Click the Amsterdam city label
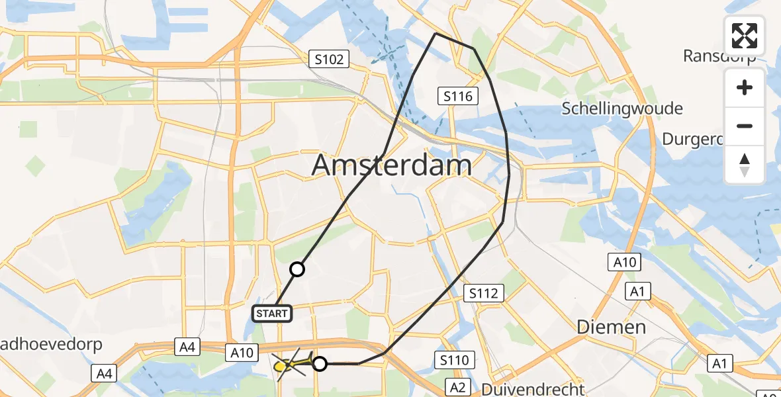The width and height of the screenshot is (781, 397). [391, 165]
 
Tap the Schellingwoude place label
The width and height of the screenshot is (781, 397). [622, 109]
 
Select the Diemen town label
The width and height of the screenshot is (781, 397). [610, 326]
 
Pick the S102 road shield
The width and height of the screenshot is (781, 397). [329, 60]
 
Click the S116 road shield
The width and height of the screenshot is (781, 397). [458, 97]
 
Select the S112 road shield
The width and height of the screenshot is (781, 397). [484, 292]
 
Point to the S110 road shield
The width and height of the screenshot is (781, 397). [454, 361]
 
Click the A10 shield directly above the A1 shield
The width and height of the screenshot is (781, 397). [624, 263]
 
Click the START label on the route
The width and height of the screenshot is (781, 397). [272, 313]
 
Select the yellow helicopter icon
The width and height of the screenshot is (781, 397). [289, 363]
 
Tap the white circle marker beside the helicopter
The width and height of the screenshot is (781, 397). [320, 363]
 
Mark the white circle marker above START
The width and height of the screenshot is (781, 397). [297, 269]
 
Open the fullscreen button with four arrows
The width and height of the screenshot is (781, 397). [745, 36]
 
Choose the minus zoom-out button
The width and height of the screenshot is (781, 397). [745, 126]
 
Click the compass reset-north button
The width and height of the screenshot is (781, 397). [745, 165]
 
